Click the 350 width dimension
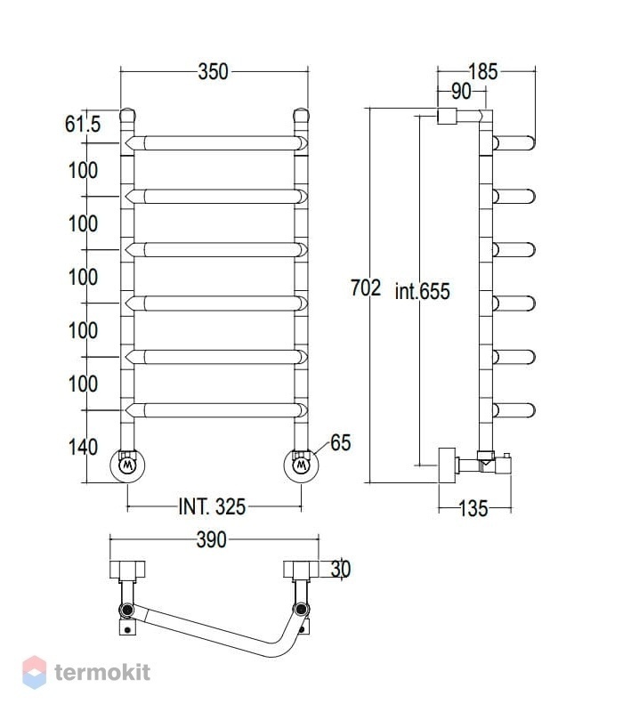click(x=213, y=72)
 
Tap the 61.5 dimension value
click(x=83, y=124)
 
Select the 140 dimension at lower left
click(x=83, y=448)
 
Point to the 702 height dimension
click(x=366, y=287)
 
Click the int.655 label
click(x=422, y=291)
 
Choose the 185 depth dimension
click(x=482, y=72)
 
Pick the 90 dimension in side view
click(x=461, y=92)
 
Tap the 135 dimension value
click(x=473, y=508)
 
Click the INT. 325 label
click(x=212, y=506)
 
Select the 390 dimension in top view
click(x=212, y=540)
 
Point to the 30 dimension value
click(x=341, y=569)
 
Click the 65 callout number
click(x=341, y=442)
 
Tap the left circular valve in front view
click(x=127, y=465)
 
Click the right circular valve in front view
click(x=301, y=465)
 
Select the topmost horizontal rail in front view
click(x=216, y=143)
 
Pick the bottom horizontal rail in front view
click(x=216, y=410)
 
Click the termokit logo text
click(x=102, y=672)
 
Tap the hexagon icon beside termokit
click(x=35, y=672)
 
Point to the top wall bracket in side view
click(x=447, y=116)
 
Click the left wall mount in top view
click(x=127, y=570)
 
